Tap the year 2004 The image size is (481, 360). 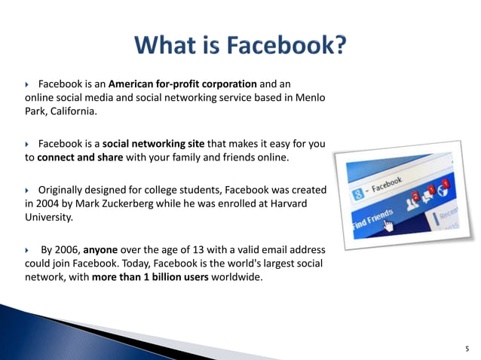tap(38, 203)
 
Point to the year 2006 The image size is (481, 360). tap(68, 249)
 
